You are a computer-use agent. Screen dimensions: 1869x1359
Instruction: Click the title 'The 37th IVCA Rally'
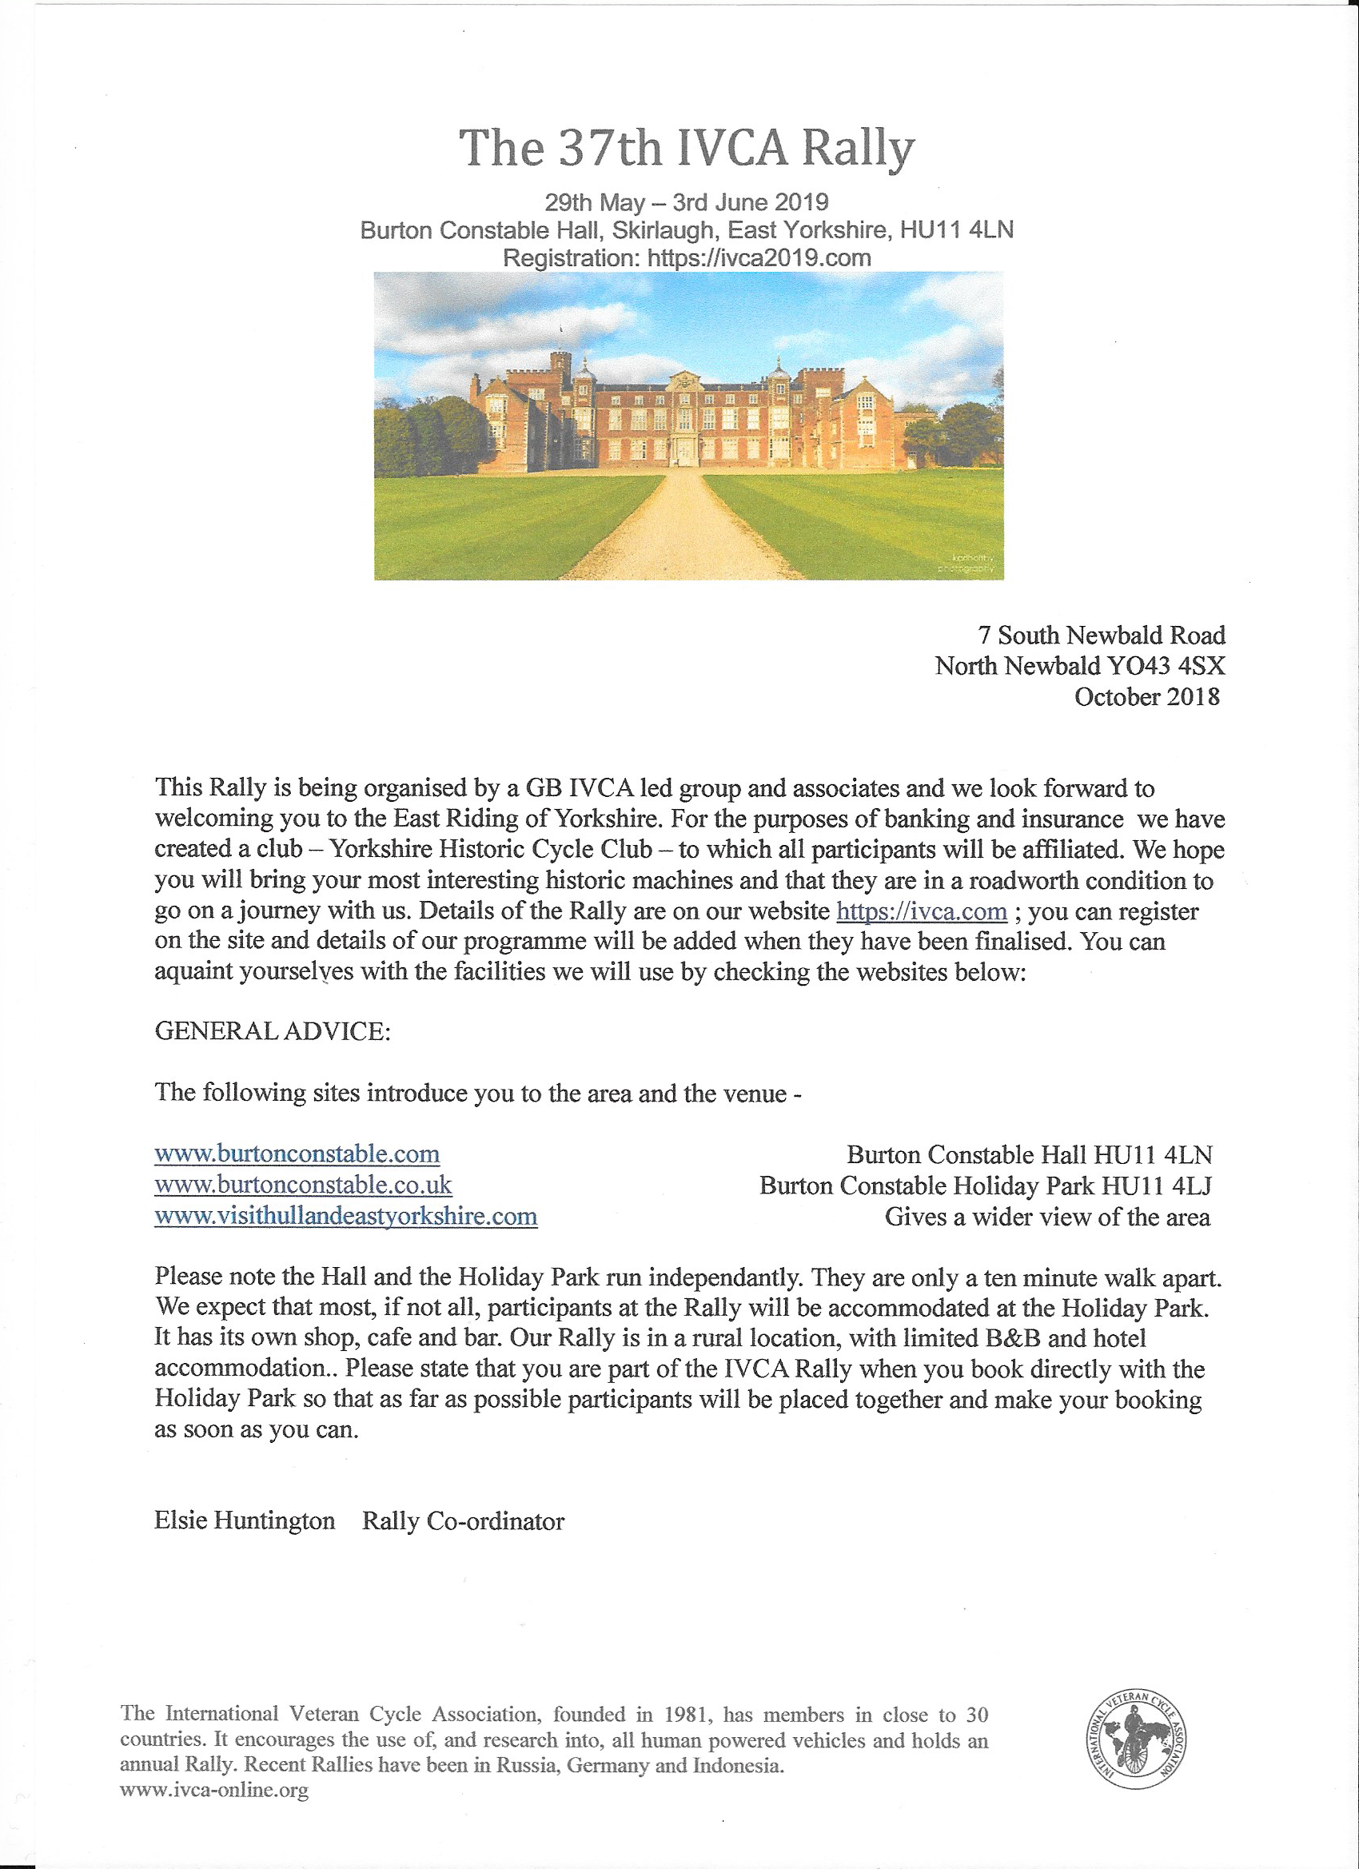686,149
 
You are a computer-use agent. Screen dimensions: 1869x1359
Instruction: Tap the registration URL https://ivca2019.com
759,258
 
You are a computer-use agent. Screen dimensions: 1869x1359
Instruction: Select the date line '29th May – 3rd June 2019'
686,203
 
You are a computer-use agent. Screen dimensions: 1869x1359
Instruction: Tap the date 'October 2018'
1146,697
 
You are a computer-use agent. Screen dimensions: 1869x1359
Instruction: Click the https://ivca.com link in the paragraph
922,911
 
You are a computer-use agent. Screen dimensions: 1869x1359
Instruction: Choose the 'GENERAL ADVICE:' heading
272,1031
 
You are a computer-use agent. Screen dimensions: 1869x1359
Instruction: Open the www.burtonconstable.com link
297,1154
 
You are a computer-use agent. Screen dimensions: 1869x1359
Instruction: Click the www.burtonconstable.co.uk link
302,1185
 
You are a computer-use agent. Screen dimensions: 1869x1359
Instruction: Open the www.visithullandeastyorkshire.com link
345,1217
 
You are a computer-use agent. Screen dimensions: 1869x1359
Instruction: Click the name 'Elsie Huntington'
244,1520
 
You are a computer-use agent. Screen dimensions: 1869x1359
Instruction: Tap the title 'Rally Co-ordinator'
463,1521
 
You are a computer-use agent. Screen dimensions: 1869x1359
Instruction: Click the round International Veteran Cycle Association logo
1136,1741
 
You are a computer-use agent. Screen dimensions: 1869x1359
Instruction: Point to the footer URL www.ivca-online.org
214,1790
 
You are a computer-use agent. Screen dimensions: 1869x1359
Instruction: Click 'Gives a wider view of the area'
1046,1217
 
